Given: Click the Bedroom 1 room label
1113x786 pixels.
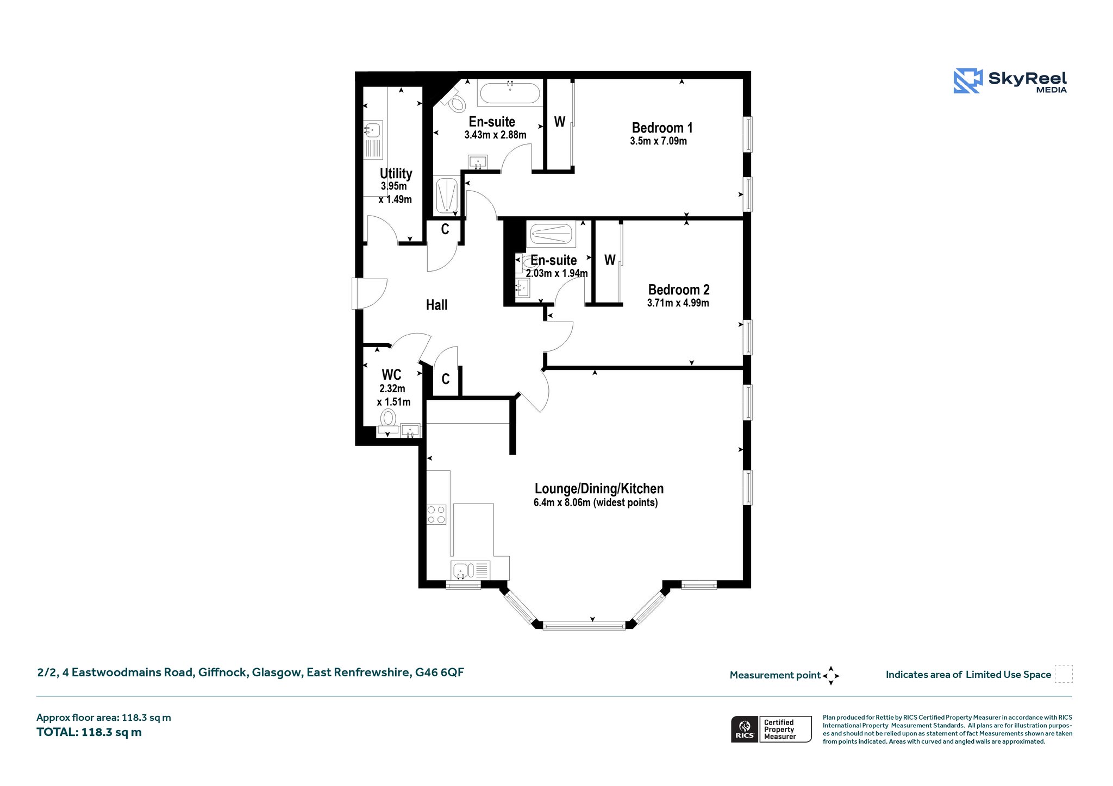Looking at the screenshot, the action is click(662, 128).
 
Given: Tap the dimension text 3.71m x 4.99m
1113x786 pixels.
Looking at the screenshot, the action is click(678, 303).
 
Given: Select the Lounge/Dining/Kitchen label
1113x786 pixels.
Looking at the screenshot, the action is click(599, 488).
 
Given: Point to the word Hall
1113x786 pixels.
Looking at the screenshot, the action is click(436, 305).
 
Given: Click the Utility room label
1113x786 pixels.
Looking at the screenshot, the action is click(396, 173).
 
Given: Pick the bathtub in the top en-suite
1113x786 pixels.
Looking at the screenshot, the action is click(510, 93).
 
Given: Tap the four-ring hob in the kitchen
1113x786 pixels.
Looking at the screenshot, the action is click(436, 514).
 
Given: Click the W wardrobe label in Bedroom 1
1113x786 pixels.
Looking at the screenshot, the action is click(559, 122).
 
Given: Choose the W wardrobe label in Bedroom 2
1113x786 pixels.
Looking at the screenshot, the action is click(610, 260).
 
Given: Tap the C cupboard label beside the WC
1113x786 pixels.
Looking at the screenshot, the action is click(446, 379).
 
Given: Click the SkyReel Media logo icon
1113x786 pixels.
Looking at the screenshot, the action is click(968, 81).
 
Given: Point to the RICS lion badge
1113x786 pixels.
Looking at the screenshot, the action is click(745, 729).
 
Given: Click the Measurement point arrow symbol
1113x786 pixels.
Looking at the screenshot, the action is click(831, 676).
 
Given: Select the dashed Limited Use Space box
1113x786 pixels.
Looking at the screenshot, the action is click(1064, 674).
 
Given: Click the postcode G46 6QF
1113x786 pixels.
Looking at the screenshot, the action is click(440, 672).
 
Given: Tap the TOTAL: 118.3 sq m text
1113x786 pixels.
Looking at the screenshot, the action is click(89, 732).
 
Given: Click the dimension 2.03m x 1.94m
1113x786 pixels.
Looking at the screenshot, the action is click(556, 273).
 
